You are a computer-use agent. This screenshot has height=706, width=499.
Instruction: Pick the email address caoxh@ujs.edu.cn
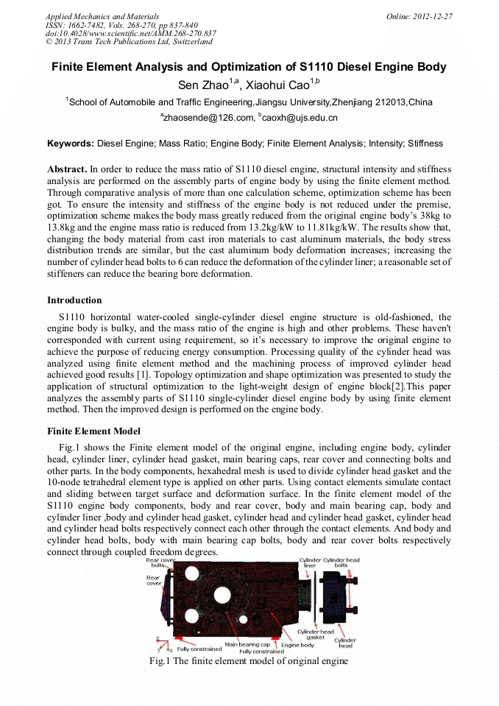pyautogui.click(x=300, y=117)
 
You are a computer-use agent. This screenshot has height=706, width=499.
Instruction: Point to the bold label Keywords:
pyautogui.click(x=71, y=144)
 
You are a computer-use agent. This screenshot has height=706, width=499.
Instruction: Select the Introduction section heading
pyautogui.click(x=74, y=300)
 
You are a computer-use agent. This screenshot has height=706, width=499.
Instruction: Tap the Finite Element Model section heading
pyautogui.click(x=93, y=431)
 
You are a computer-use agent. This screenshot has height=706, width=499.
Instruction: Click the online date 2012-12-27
pyautogui.click(x=433, y=16)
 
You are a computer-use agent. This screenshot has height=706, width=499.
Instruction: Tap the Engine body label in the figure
pyautogui.click(x=297, y=645)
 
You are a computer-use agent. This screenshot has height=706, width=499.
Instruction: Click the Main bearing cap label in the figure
pyautogui.click(x=247, y=644)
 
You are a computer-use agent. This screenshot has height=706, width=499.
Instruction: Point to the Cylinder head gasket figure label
pyautogui.click(x=316, y=634)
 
